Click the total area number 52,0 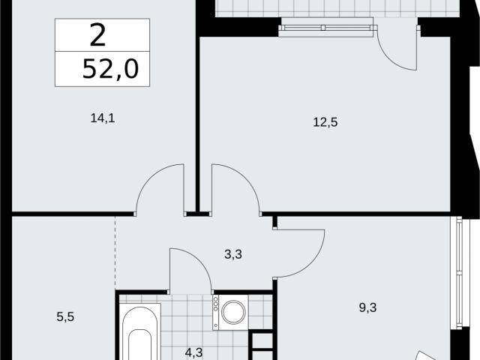(110, 70)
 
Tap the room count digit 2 (98, 35)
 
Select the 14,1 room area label (103, 118)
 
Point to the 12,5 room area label (325, 122)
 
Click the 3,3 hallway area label (233, 254)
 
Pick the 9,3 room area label (367, 307)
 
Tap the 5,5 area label (65, 316)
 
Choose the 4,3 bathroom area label (193, 352)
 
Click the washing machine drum (234, 313)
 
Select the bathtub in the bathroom (140, 331)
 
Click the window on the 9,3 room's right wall (459, 272)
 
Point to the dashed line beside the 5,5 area (115, 253)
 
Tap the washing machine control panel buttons (216, 304)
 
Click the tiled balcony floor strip (337, 8)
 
